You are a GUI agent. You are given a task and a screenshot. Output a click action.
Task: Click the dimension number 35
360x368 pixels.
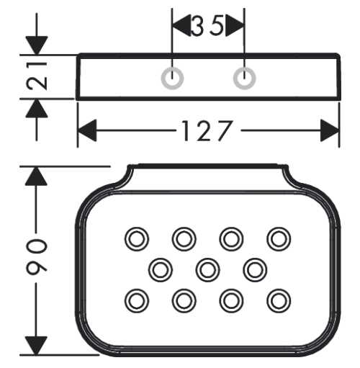tap(207, 26)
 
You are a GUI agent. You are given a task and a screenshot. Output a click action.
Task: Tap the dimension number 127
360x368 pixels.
tap(207, 131)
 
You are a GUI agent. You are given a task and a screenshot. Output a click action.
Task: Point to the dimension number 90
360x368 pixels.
tap(37, 257)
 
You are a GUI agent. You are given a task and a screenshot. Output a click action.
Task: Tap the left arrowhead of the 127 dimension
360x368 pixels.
tap(87, 130)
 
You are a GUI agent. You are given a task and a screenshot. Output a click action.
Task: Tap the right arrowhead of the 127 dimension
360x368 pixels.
tap(330, 130)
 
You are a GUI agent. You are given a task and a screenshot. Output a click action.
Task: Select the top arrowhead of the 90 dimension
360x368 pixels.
tap(36, 176)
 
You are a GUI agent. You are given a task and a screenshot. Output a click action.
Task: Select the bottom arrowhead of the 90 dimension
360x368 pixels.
tap(36, 346)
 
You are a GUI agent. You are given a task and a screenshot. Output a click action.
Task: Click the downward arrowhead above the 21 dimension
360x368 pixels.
tap(37, 45)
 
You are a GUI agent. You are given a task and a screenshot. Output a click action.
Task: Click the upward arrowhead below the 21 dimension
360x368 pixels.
tap(37, 108)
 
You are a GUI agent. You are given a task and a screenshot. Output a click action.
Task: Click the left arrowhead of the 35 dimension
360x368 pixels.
tap(181, 26)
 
